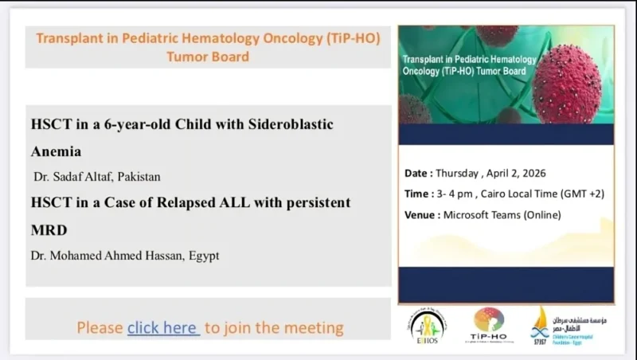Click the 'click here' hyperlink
163,327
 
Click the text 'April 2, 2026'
526,173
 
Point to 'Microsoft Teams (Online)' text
502,214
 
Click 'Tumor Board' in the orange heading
208,57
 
